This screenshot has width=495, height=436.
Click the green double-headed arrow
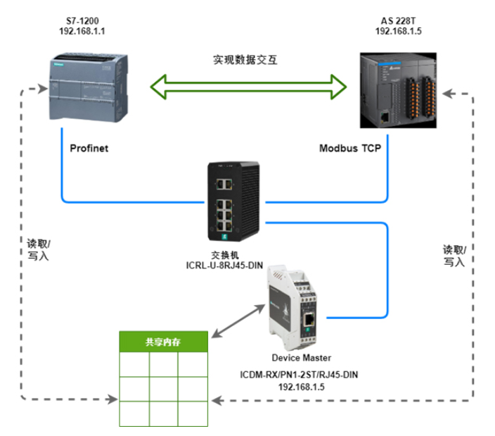[249, 87]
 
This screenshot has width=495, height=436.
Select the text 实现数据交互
[245, 60]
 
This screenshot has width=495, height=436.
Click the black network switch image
[235, 199]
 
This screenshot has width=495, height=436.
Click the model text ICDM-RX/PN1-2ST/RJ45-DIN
[300, 374]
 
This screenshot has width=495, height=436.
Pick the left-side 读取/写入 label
[39, 250]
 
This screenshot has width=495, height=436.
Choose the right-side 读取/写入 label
[454, 256]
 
